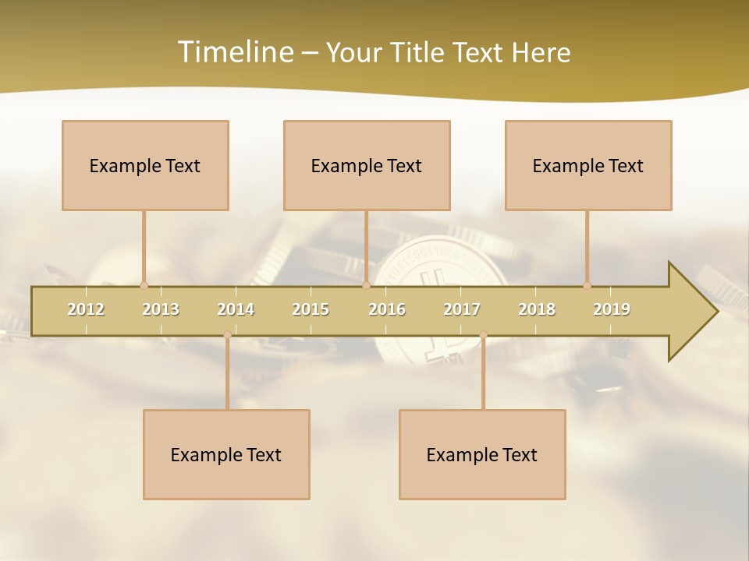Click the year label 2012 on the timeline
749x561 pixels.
point(86,309)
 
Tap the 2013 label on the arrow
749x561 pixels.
point(161,309)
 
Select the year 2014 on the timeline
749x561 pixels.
point(236,309)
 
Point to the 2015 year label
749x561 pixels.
point(311,309)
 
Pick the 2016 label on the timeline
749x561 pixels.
point(387,309)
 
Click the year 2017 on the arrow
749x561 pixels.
point(462,309)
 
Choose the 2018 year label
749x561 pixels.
point(537,309)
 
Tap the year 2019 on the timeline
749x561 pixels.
point(612,309)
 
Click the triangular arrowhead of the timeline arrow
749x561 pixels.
point(691,312)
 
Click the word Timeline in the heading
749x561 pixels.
point(234,52)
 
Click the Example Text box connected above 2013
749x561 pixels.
point(145,165)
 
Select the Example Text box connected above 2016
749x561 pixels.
point(367,165)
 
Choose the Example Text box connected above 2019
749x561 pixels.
point(588,165)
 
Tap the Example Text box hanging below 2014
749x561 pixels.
point(226,454)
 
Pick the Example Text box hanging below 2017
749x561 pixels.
point(482,454)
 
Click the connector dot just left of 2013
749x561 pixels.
point(144,285)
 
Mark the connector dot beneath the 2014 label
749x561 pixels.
point(227,335)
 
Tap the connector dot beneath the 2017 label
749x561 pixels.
point(483,335)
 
